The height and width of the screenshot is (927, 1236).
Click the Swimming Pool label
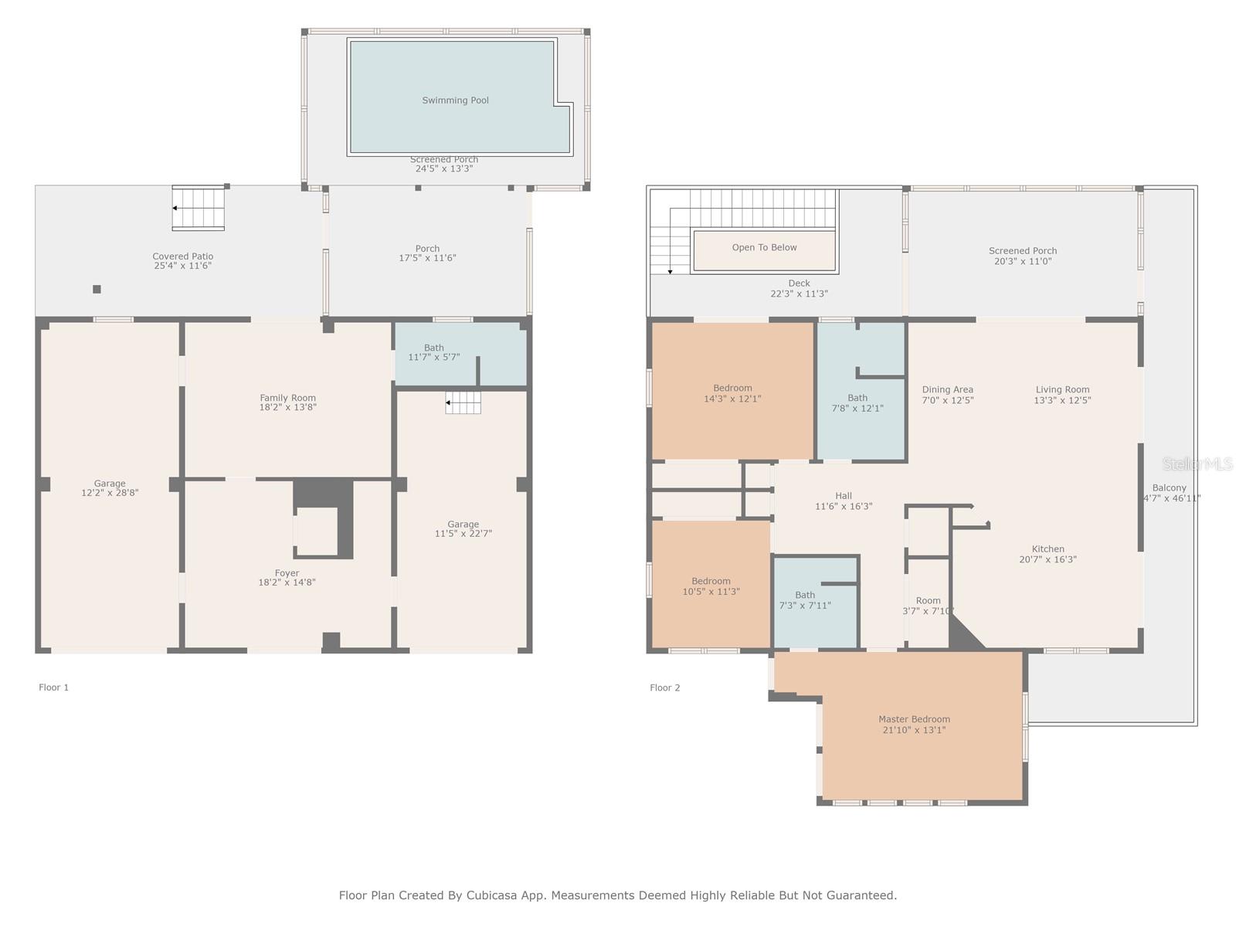coord(455,100)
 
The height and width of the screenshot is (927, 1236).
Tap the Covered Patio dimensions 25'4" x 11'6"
coord(182,266)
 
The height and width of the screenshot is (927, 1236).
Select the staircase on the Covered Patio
coord(199,208)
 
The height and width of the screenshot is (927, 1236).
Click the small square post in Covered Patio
coord(97,289)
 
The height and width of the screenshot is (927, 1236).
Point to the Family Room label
coord(287,398)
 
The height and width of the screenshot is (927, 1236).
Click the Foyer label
coord(287,573)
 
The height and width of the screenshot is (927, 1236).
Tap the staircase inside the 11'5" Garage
coord(463,402)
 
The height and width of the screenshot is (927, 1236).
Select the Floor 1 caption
coord(54,688)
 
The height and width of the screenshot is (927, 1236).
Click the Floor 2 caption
coord(665,688)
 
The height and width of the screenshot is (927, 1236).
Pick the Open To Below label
coord(764,248)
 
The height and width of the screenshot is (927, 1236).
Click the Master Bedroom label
coord(914,719)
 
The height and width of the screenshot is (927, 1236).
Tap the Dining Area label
coord(947,390)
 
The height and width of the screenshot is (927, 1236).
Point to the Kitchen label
coord(1048,549)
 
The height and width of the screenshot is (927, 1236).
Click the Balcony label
coord(1169,488)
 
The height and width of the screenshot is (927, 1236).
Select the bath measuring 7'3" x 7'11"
coord(805,600)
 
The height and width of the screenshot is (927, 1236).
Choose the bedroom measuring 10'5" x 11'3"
coord(711,586)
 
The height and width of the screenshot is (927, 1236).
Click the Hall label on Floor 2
coord(844,496)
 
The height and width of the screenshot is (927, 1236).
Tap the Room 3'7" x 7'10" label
coord(928,601)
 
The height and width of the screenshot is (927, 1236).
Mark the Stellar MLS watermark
coord(1197,463)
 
